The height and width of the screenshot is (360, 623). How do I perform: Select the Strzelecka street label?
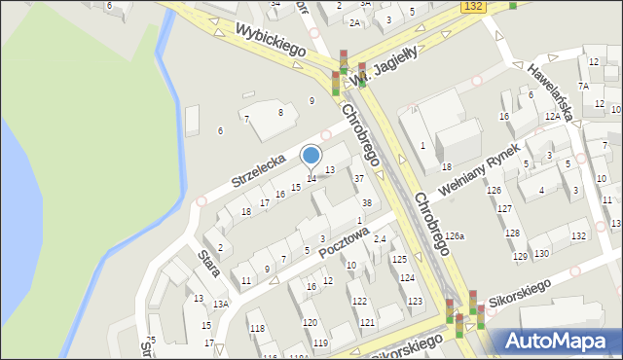coord(258,168)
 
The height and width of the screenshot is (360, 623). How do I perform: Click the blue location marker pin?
coord(311,156)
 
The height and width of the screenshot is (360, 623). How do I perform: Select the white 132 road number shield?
coord(472,7)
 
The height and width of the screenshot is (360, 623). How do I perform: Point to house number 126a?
coord(455,235)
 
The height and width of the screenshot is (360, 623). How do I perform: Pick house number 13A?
coord(221,305)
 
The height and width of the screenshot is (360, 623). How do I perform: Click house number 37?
coord(358,178)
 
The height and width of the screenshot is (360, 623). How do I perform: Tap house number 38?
coord(366,203)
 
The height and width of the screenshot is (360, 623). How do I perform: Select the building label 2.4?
coord(380,239)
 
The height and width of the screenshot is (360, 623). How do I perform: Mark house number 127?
coord(504,209)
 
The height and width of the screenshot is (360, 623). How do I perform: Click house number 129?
coord(520,256)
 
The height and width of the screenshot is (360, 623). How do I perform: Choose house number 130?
coord(541,253)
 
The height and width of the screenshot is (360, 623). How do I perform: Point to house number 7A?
coord(582,86)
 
